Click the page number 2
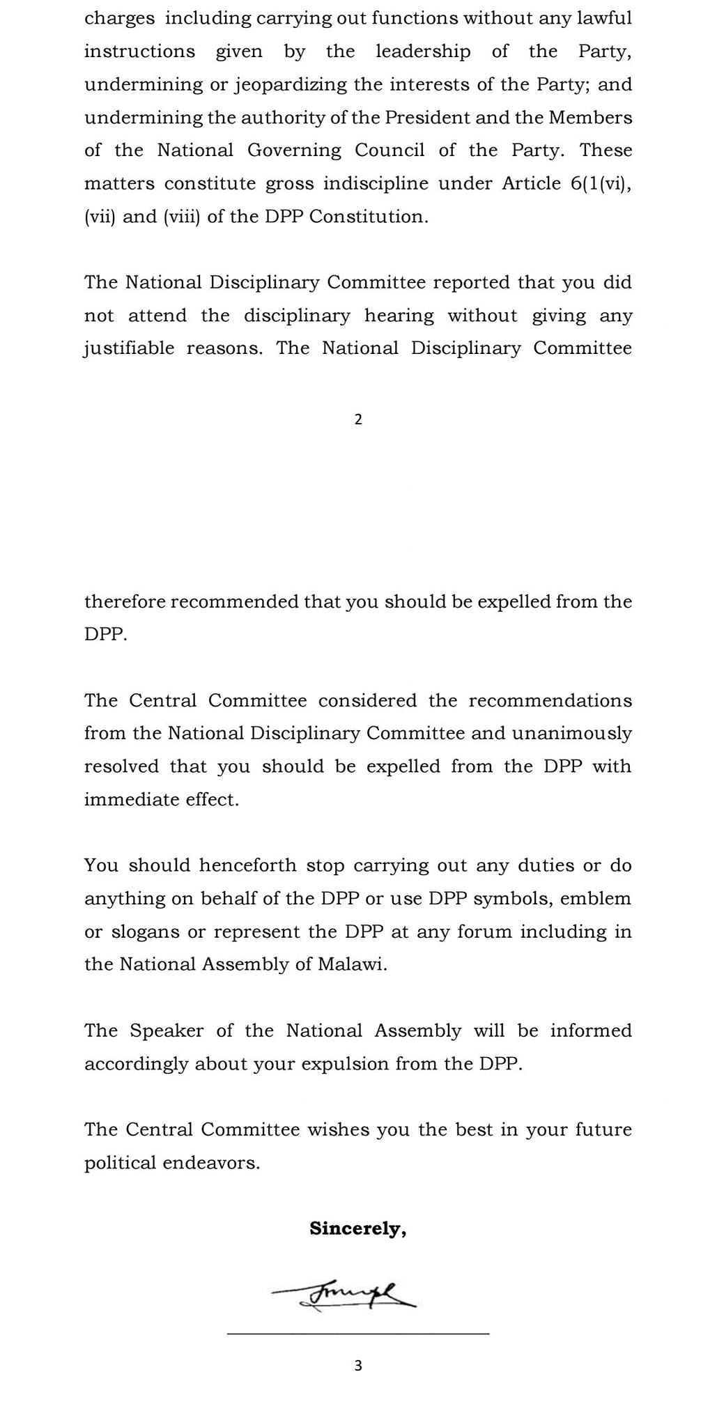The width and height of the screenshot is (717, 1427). click(358, 419)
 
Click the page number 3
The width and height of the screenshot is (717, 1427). click(358, 1365)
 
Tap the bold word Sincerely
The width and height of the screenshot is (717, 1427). click(357, 1228)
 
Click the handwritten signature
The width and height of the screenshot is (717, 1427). click(345, 1295)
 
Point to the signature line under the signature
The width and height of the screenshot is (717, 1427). click(358, 1334)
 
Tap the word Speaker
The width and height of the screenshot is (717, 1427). click(167, 1031)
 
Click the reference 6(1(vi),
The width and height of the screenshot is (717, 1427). click(596, 184)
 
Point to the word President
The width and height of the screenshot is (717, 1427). click(427, 118)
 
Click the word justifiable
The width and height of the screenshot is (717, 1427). click(129, 348)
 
